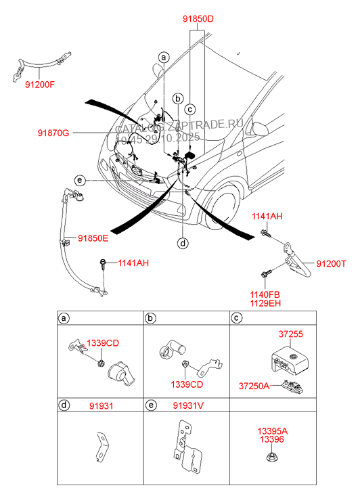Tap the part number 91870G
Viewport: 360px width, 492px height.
coord(53,133)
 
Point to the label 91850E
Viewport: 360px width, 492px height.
coord(93,238)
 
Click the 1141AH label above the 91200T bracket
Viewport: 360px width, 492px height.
coord(267,216)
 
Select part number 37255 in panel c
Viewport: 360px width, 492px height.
coord(291,334)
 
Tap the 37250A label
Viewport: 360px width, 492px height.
coord(254,386)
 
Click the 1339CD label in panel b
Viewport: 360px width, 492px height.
coord(187,384)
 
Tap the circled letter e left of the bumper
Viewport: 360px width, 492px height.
coord(80,180)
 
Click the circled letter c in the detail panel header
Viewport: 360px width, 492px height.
coord(237,318)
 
